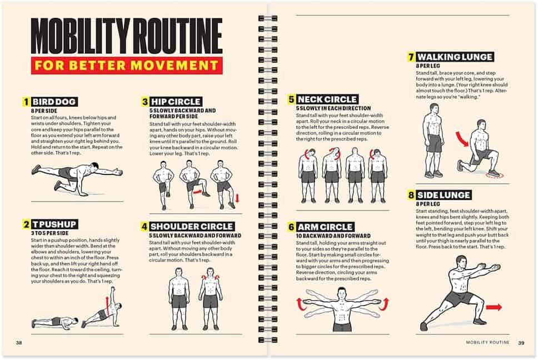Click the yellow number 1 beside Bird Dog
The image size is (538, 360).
pyautogui.click(x=26, y=102)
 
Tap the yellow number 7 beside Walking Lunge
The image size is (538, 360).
pyautogui.click(x=411, y=57)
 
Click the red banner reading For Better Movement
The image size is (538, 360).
pyautogui.click(x=127, y=64)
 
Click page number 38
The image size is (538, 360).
pyautogui.click(x=19, y=342)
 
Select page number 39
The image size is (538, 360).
pyautogui.click(x=521, y=342)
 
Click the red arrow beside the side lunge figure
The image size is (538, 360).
pyautogui.click(x=493, y=307)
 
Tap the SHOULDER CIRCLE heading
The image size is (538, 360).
pyautogui.click(x=192, y=227)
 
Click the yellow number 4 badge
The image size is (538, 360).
pyautogui.click(x=144, y=227)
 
